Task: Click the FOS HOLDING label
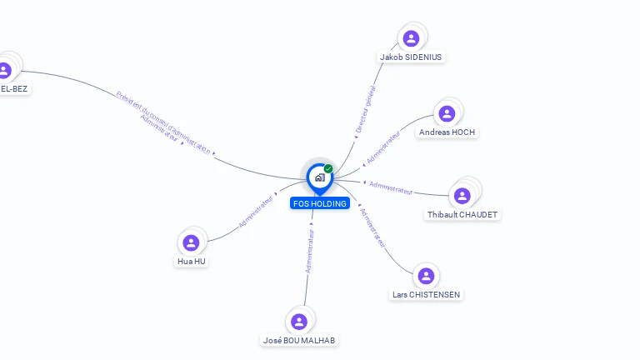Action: pyautogui.click(x=320, y=203)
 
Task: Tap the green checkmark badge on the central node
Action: pyautogui.click(x=328, y=169)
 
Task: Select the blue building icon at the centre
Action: pyautogui.click(x=319, y=177)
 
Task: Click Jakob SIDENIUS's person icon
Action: pyautogui.click(x=411, y=38)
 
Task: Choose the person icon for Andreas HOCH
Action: pyautogui.click(x=447, y=113)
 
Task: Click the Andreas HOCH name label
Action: pyautogui.click(x=447, y=132)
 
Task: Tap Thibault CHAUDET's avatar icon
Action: pyautogui.click(x=462, y=195)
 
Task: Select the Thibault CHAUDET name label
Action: pyautogui.click(x=462, y=215)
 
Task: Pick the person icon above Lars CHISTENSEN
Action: pyautogui.click(x=426, y=276)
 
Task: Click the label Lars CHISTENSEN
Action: pyautogui.click(x=427, y=295)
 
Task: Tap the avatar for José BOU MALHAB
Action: pyautogui.click(x=299, y=322)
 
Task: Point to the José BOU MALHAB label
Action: pyautogui.click(x=300, y=340)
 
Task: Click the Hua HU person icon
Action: pyautogui.click(x=191, y=242)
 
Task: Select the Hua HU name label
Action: pyautogui.click(x=191, y=262)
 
